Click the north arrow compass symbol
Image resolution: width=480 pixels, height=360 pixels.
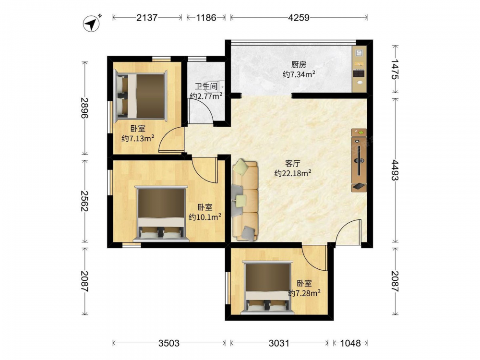[92, 23]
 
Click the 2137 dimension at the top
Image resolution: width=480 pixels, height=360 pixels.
[147, 17]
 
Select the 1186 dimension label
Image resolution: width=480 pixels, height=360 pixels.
[206, 17]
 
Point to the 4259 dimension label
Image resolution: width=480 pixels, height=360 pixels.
[299, 17]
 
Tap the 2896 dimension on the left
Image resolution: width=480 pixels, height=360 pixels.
[85, 108]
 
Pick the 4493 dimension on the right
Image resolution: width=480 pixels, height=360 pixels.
[396, 170]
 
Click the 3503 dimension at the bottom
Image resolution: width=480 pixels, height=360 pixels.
[169, 343]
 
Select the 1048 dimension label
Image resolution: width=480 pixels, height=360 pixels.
[350, 343]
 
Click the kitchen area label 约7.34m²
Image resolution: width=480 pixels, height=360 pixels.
[299, 74]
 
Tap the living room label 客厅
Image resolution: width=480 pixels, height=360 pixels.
[293, 164]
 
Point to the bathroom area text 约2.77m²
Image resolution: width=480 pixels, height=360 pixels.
[206, 96]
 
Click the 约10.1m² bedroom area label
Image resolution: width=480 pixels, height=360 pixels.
[205, 217]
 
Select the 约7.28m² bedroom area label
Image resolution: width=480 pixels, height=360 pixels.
[304, 293]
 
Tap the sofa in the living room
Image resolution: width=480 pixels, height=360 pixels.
[245, 200]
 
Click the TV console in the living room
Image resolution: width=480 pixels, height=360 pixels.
[359, 160]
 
